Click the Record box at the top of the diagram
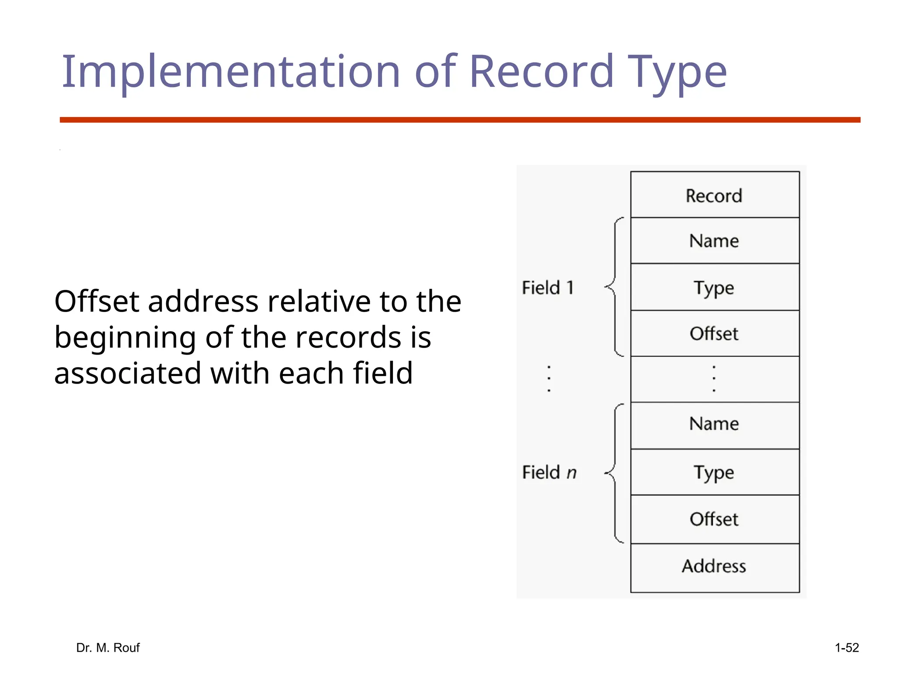[x=714, y=195]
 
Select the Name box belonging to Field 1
[x=714, y=240]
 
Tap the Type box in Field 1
[x=714, y=287]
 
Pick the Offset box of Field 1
[x=714, y=333]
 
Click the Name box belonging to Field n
[x=714, y=424]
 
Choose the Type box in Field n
[x=714, y=472]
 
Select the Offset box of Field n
[x=714, y=519]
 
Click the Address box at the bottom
[x=714, y=566]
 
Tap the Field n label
[x=549, y=473]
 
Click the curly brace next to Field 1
[x=615, y=287]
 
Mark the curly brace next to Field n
[x=615, y=473]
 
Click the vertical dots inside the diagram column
[x=714, y=378]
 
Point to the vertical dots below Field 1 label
[x=549, y=378]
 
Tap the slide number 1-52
[x=847, y=648]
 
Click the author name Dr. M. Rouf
[x=108, y=648]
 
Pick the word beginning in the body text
[x=125, y=338]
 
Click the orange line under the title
[x=460, y=120]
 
